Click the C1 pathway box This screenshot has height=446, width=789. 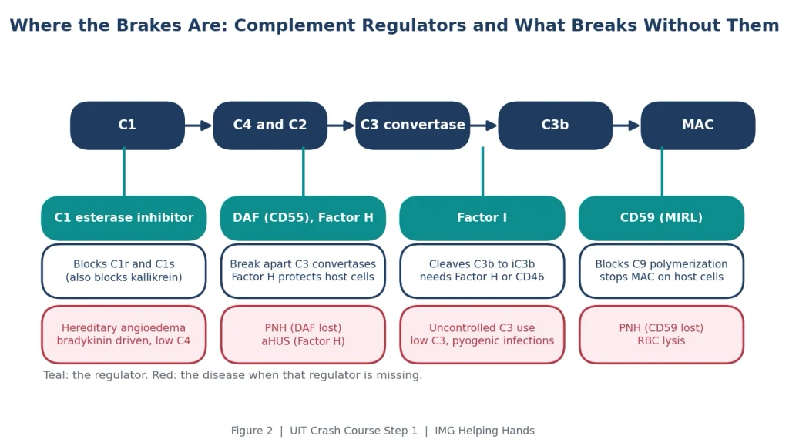tap(127, 126)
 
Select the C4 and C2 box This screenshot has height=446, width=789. tap(270, 126)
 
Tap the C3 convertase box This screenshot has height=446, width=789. tap(413, 126)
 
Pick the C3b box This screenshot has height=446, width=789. tap(555, 126)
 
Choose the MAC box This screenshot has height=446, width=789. tap(698, 126)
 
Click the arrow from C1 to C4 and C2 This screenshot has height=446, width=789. tap(199, 126)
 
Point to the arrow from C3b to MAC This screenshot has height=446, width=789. tap(626, 126)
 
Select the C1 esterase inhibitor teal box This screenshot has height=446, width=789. tap(124, 218)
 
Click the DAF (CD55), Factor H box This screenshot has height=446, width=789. tap(303, 218)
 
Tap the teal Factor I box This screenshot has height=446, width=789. tap(482, 218)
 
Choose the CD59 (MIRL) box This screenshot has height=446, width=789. tap(661, 218)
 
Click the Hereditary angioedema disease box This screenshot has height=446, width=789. tap(124, 334)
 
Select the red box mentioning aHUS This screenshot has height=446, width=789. tap(303, 334)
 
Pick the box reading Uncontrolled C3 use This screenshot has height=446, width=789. tap(482, 334)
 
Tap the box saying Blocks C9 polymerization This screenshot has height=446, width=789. tap(661, 271)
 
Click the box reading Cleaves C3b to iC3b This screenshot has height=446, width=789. tap(482, 271)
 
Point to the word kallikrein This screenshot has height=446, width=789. tap(156, 277)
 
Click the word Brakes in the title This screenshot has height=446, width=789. tap(149, 25)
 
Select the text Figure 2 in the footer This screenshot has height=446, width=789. tap(252, 431)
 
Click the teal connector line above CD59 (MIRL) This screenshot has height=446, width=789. tap(662, 172)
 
